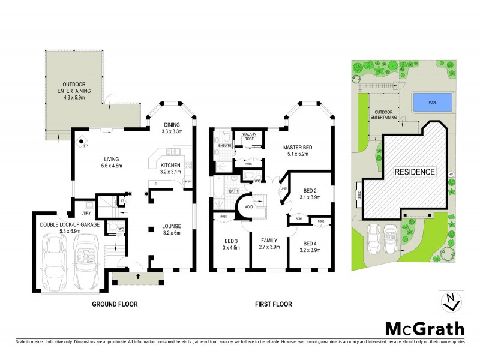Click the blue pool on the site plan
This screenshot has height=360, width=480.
click(x=433, y=103)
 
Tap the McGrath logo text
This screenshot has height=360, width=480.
click(x=424, y=328)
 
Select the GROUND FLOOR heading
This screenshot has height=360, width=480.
click(x=115, y=304)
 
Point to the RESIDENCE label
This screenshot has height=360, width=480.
click(x=414, y=172)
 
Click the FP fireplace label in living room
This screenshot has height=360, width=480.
click(x=85, y=145)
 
